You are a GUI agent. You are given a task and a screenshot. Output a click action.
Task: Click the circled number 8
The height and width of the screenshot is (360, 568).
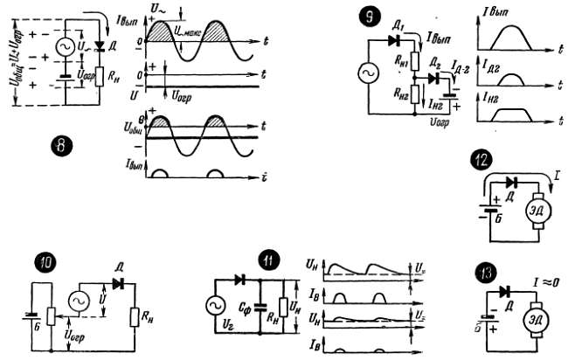[x=59, y=146]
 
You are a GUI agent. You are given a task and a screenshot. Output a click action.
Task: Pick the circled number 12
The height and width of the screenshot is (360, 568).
[x=480, y=161]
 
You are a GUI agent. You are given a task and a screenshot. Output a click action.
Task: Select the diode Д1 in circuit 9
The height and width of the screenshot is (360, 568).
[x=392, y=38]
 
